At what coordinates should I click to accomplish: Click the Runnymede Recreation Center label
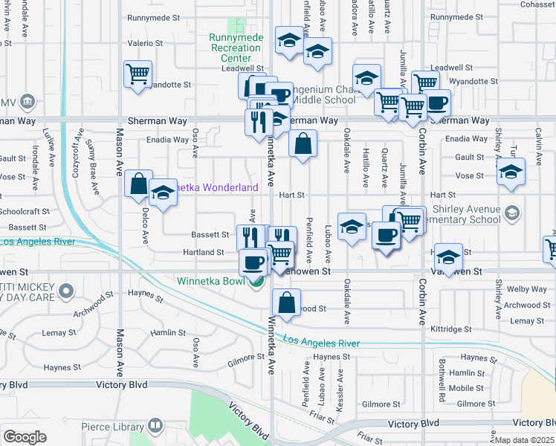[235, 48]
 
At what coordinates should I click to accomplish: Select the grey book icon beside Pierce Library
[155, 427]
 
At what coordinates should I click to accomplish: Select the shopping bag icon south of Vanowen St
[285, 303]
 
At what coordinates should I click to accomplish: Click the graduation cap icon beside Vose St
[511, 172]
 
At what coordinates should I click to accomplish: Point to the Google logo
[25, 436]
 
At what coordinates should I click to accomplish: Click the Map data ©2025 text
[525, 440]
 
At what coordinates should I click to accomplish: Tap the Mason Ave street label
[119, 152]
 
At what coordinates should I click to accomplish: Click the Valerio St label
[140, 43]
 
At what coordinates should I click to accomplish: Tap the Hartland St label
[203, 253]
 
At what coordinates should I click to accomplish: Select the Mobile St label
[467, 388]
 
